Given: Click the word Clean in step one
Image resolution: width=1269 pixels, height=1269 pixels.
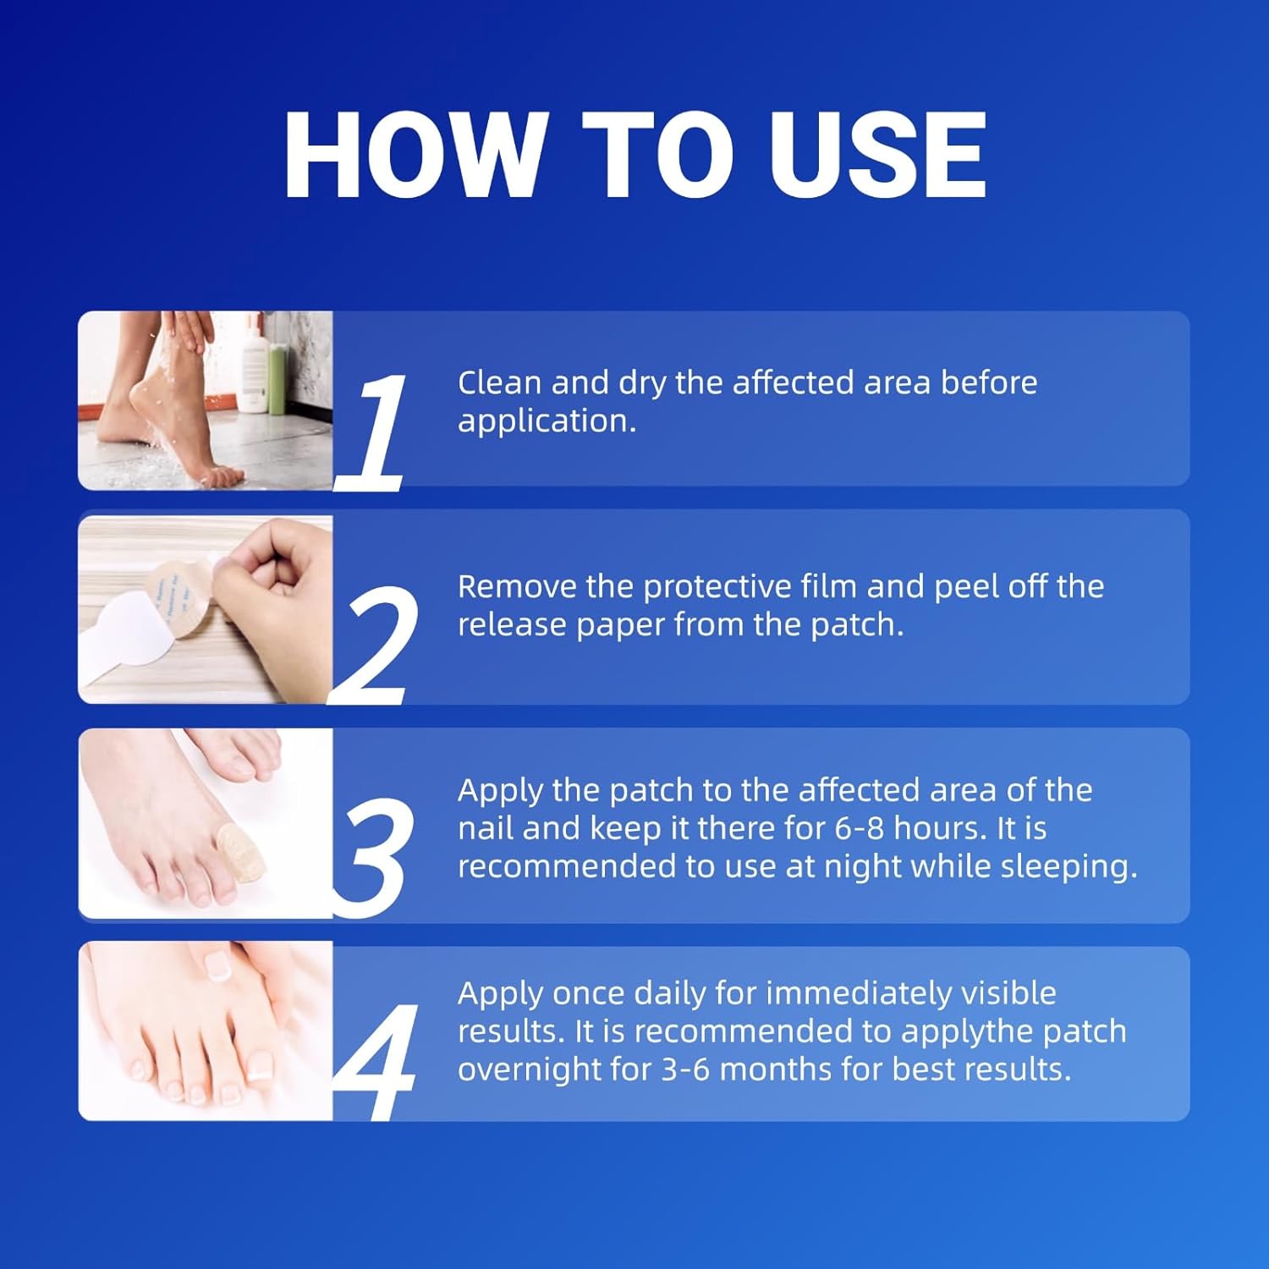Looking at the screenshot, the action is coord(500,382).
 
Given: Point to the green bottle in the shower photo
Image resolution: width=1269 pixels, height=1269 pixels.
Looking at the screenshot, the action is coord(276,381).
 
